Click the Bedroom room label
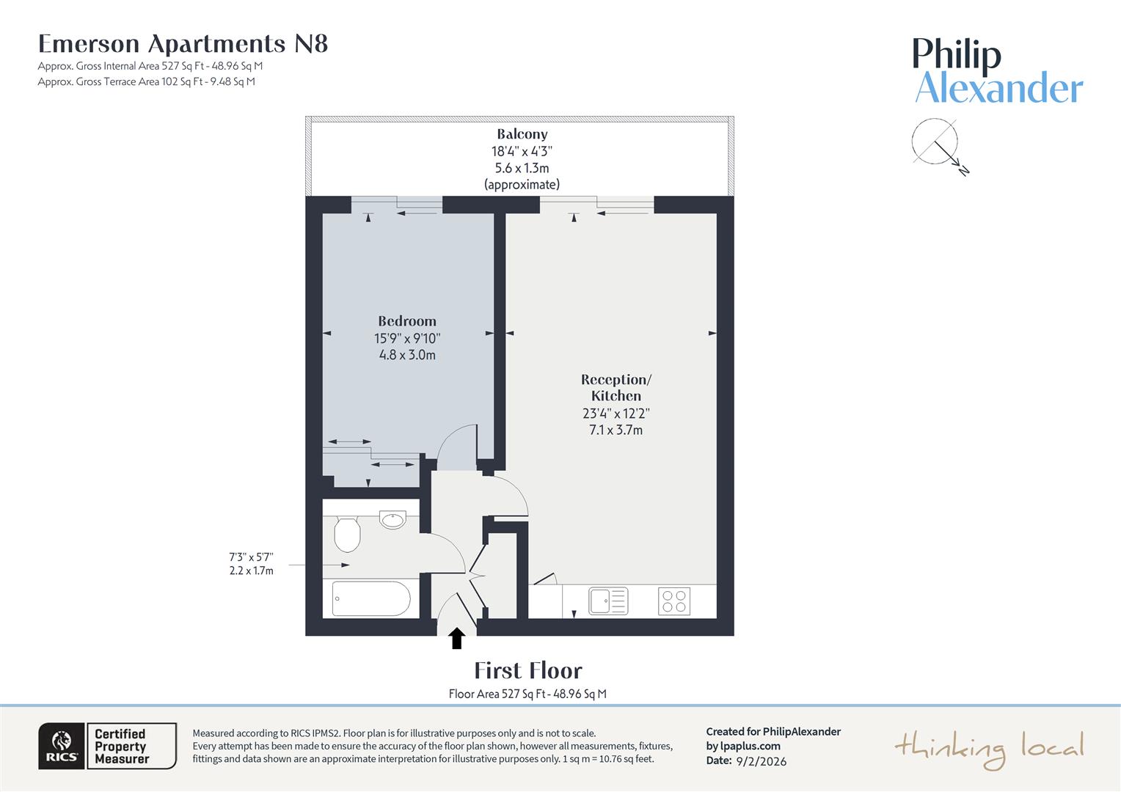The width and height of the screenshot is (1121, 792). (407, 321)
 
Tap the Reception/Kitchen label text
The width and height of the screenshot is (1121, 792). (616, 387)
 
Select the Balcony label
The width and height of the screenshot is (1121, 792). (522, 134)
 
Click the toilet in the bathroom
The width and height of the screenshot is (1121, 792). (347, 534)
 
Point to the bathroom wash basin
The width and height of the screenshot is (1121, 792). (393, 519)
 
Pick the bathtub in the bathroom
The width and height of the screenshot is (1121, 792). (371, 599)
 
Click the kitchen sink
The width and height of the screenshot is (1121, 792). (608, 601)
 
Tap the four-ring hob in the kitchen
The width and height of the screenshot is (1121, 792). (673, 601)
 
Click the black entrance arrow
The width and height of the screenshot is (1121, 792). (457, 638)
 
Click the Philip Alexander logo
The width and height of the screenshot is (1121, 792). (998, 71)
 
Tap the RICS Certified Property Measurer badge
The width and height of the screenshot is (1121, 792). (107, 746)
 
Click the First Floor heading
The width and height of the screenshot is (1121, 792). (527, 670)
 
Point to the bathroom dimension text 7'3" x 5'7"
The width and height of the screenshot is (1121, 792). (251, 557)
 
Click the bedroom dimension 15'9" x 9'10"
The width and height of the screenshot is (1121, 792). (407, 339)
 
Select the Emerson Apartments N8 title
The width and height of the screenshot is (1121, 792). (183, 44)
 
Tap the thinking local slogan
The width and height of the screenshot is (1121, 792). (989, 749)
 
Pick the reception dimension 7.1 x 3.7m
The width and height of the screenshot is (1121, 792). (616, 430)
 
